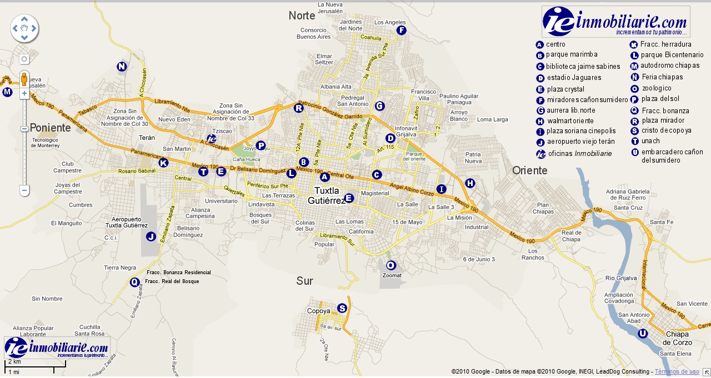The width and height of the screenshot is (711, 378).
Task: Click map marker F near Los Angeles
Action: (402, 31)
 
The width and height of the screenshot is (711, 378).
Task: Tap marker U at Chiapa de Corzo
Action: (643, 334)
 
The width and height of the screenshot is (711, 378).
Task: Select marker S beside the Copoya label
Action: (342, 308)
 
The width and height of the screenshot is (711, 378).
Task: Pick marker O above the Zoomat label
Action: (390, 265)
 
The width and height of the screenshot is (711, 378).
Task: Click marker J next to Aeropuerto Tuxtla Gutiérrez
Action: (151, 236)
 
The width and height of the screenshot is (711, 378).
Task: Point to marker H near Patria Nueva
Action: (470, 183)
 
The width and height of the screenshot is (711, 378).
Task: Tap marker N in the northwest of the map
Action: (122, 67)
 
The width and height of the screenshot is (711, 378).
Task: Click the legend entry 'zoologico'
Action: (657, 88)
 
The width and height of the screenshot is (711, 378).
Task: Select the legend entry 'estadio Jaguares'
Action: (574, 78)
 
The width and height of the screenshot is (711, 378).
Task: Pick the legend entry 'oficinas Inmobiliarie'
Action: (579, 154)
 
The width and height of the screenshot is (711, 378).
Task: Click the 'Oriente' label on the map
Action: (529, 170)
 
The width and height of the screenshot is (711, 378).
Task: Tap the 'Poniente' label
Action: (51, 128)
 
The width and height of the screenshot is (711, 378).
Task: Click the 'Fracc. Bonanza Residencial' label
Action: (178, 273)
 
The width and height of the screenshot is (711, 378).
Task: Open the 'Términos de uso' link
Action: (677, 371)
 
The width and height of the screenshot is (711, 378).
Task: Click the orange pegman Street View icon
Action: (24, 79)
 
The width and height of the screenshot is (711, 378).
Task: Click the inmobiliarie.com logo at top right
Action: (615, 22)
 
